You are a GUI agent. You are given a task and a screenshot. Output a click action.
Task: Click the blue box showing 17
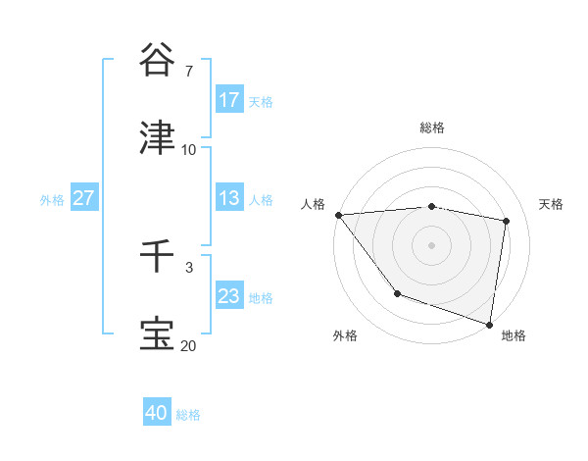point(229,100)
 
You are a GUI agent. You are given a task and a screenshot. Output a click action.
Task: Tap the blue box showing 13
point(229,198)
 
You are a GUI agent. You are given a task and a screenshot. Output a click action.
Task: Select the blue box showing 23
point(229,296)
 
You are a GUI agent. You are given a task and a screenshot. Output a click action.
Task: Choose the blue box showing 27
point(83,198)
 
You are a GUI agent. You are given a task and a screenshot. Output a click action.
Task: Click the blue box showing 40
point(157,413)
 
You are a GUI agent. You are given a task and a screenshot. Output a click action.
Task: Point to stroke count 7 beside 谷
point(188,72)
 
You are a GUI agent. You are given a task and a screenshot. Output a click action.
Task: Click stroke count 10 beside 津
point(189,150)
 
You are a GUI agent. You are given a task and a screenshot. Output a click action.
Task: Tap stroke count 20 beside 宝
point(189,345)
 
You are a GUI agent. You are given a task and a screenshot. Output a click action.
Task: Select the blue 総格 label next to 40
point(188,415)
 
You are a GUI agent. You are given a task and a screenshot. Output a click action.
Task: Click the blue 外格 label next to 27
point(52,199)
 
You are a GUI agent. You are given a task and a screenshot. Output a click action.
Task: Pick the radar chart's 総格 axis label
point(432,128)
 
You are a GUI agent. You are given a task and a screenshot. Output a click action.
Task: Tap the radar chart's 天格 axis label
point(552,204)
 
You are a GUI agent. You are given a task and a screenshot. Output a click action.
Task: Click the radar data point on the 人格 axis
point(338,215)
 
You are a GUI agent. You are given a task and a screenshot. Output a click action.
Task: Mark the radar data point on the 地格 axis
point(489,323)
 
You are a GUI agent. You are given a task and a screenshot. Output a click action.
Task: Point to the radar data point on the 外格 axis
point(397,293)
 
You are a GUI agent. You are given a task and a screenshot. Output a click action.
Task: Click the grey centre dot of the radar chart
point(432,244)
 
